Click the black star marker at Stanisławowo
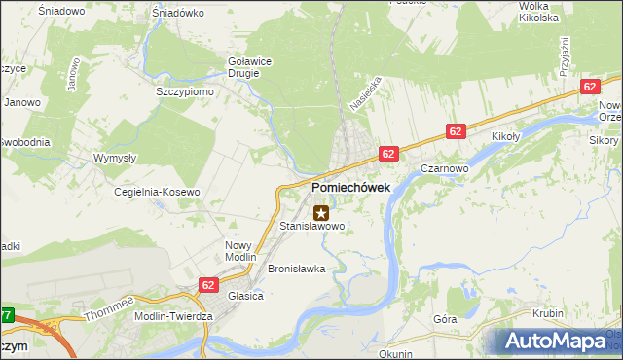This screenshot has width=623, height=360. (x=320, y=211)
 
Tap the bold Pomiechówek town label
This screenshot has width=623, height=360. (x=350, y=187)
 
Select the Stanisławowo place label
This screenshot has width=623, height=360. (x=312, y=226)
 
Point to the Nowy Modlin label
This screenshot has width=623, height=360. (x=238, y=252)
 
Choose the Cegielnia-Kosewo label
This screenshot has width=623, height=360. (x=157, y=192)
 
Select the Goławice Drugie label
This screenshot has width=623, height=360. (x=249, y=66)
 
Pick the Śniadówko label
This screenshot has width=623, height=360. (x=177, y=13)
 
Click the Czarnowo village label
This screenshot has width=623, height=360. (x=447, y=166)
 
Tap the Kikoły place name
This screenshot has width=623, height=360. (x=508, y=136)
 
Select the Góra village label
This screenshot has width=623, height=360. (x=445, y=318)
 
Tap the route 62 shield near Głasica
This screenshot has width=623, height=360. (x=208, y=284)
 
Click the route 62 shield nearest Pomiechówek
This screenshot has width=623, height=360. (x=388, y=153)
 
